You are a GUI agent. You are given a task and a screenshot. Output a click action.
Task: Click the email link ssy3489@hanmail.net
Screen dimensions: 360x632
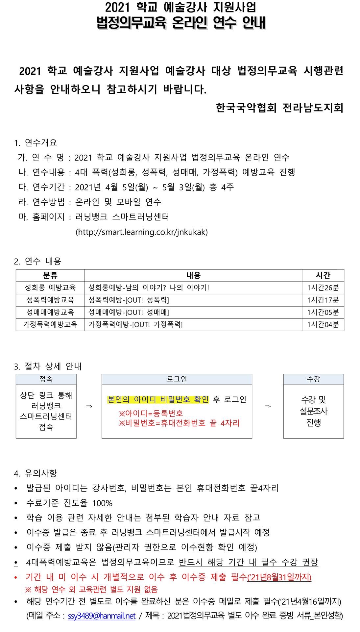coord(102,616)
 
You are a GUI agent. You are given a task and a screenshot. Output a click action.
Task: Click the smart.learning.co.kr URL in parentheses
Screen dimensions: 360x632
coord(142,232)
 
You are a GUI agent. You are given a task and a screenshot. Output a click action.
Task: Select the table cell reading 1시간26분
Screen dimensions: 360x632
coord(323,288)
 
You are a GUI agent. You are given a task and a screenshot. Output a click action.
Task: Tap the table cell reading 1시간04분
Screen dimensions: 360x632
coord(323,325)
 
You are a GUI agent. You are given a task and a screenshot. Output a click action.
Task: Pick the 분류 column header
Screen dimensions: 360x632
coord(50,275)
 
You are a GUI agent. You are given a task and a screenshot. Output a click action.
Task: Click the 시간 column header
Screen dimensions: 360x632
coord(323,275)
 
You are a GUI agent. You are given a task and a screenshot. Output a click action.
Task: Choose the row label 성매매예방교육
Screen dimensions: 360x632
coord(50,312)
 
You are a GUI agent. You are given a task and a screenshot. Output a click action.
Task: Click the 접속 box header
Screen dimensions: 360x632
coord(46,379)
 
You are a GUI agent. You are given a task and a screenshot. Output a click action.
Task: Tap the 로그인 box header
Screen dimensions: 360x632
coord(177,379)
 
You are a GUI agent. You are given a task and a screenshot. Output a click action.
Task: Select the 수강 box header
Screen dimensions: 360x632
coord(314,379)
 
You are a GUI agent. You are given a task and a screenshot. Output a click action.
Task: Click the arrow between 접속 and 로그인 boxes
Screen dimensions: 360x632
coord(89,407)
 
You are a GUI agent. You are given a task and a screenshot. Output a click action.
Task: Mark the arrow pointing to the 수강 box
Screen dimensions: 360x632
coord(268,407)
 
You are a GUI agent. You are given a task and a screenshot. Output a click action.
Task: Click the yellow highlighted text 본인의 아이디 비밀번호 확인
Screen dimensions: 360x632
coord(158,399)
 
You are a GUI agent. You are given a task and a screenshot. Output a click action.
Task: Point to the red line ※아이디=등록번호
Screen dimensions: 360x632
coord(151,413)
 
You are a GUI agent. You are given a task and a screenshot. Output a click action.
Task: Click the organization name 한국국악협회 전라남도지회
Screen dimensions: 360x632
coord(279,108)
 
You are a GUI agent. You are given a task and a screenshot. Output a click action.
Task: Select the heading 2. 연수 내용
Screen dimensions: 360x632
coord(37,261)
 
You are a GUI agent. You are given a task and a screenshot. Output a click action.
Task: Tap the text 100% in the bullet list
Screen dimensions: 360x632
coord(102,503)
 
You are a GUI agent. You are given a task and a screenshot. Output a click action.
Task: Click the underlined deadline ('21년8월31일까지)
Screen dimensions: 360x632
coord(279,577)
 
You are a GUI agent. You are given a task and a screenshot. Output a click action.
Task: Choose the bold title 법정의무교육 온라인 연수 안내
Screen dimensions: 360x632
coord(181,22)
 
